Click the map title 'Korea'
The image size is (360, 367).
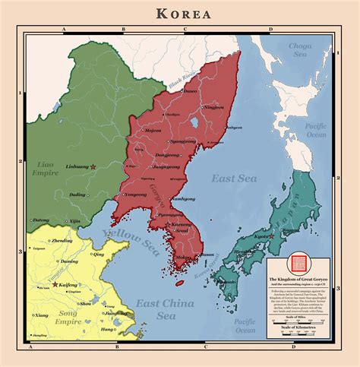(185, 13)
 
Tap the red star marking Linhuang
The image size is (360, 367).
(93, 166)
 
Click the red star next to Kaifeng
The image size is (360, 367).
(55, 284)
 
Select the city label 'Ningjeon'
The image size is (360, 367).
(214, 107)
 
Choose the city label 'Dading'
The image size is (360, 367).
(77, 195)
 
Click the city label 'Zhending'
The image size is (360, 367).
(62, 241)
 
